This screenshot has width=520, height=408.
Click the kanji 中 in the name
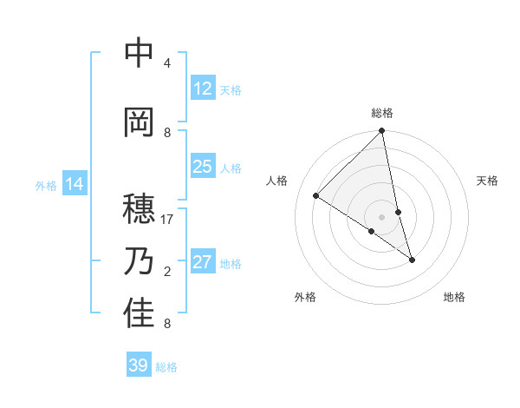coord(139,54)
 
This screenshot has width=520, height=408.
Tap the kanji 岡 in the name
coord(139,122)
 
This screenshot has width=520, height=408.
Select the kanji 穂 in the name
coord(139,209)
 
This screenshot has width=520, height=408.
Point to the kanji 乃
coord(139,261)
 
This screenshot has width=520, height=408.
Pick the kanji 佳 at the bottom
coord(139,313)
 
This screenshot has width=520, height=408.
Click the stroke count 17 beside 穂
coord(167,220)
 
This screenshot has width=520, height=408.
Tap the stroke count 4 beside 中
coord(167,63)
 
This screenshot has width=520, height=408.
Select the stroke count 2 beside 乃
coord(167,272)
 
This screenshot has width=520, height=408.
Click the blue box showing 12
coord(203,89)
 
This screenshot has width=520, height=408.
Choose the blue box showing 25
coord(203,167)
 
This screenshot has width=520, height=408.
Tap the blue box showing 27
coord(203,262)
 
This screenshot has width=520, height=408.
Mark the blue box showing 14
coord(75,184)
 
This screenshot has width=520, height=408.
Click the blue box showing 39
coord(138,365)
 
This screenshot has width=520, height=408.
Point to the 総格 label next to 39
coord(166,367)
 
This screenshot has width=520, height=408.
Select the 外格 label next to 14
coord(45,186)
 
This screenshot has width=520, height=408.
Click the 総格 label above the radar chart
coord(382,113)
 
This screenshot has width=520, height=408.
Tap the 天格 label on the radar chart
coord(488,181)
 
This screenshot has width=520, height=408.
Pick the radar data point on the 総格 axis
coord(382,131)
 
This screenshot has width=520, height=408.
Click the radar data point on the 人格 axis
coord(316,196)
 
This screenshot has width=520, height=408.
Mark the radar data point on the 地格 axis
coord(412,260)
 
